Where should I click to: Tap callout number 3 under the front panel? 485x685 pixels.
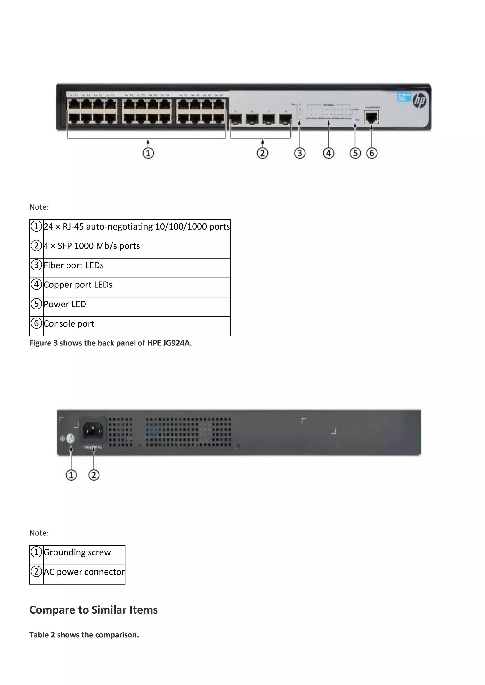pos(300,153)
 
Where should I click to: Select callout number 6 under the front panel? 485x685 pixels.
pos(372,153)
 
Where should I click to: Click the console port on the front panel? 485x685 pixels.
pos(371,117)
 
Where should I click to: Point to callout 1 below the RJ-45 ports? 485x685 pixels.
pos(148,153)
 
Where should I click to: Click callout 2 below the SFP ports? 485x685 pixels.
pos(262,153)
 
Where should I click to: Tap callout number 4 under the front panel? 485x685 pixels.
pos(328,153)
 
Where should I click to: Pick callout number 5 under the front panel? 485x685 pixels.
pos(355,153)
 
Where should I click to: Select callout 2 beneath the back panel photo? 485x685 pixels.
pos(94,475)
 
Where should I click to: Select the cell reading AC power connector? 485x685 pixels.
pos(84,572)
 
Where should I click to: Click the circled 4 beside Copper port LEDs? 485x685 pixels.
pos(36,284)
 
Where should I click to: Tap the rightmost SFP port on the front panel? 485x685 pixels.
pos(285,119)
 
